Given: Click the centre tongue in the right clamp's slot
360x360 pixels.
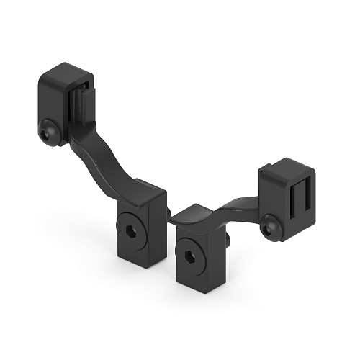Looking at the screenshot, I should (x=297, y=197).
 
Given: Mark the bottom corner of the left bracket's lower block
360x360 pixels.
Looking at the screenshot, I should (x=148, y=267).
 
